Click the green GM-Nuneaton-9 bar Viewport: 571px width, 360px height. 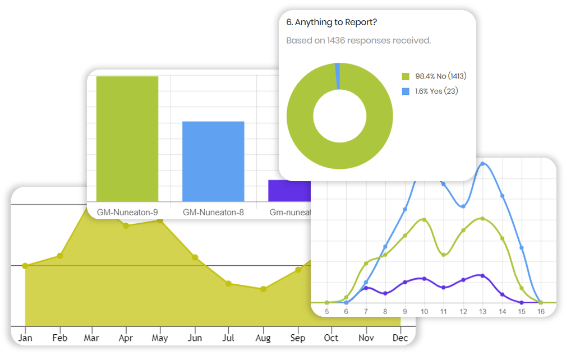[x=127, y=139]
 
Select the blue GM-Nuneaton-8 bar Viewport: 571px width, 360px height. [x=213, y=161]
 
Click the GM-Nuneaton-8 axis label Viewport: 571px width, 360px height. [x=213, y=213]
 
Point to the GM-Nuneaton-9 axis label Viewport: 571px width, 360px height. [x=127, y=213]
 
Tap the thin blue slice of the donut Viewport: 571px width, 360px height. [x=338, y=76]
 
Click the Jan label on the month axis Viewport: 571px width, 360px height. [x=25, y=338]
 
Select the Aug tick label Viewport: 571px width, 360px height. [x=263, y=338]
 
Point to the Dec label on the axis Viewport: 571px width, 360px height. [x=400, y=338]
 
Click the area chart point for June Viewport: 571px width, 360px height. [x=195, y=257]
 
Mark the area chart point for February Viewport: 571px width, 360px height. [x=60, y=256]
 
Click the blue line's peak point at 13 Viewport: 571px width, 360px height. [x=482, y=164]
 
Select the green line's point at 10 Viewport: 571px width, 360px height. [x=424, y=220]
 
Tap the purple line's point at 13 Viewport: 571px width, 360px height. [x=482, y=275]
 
